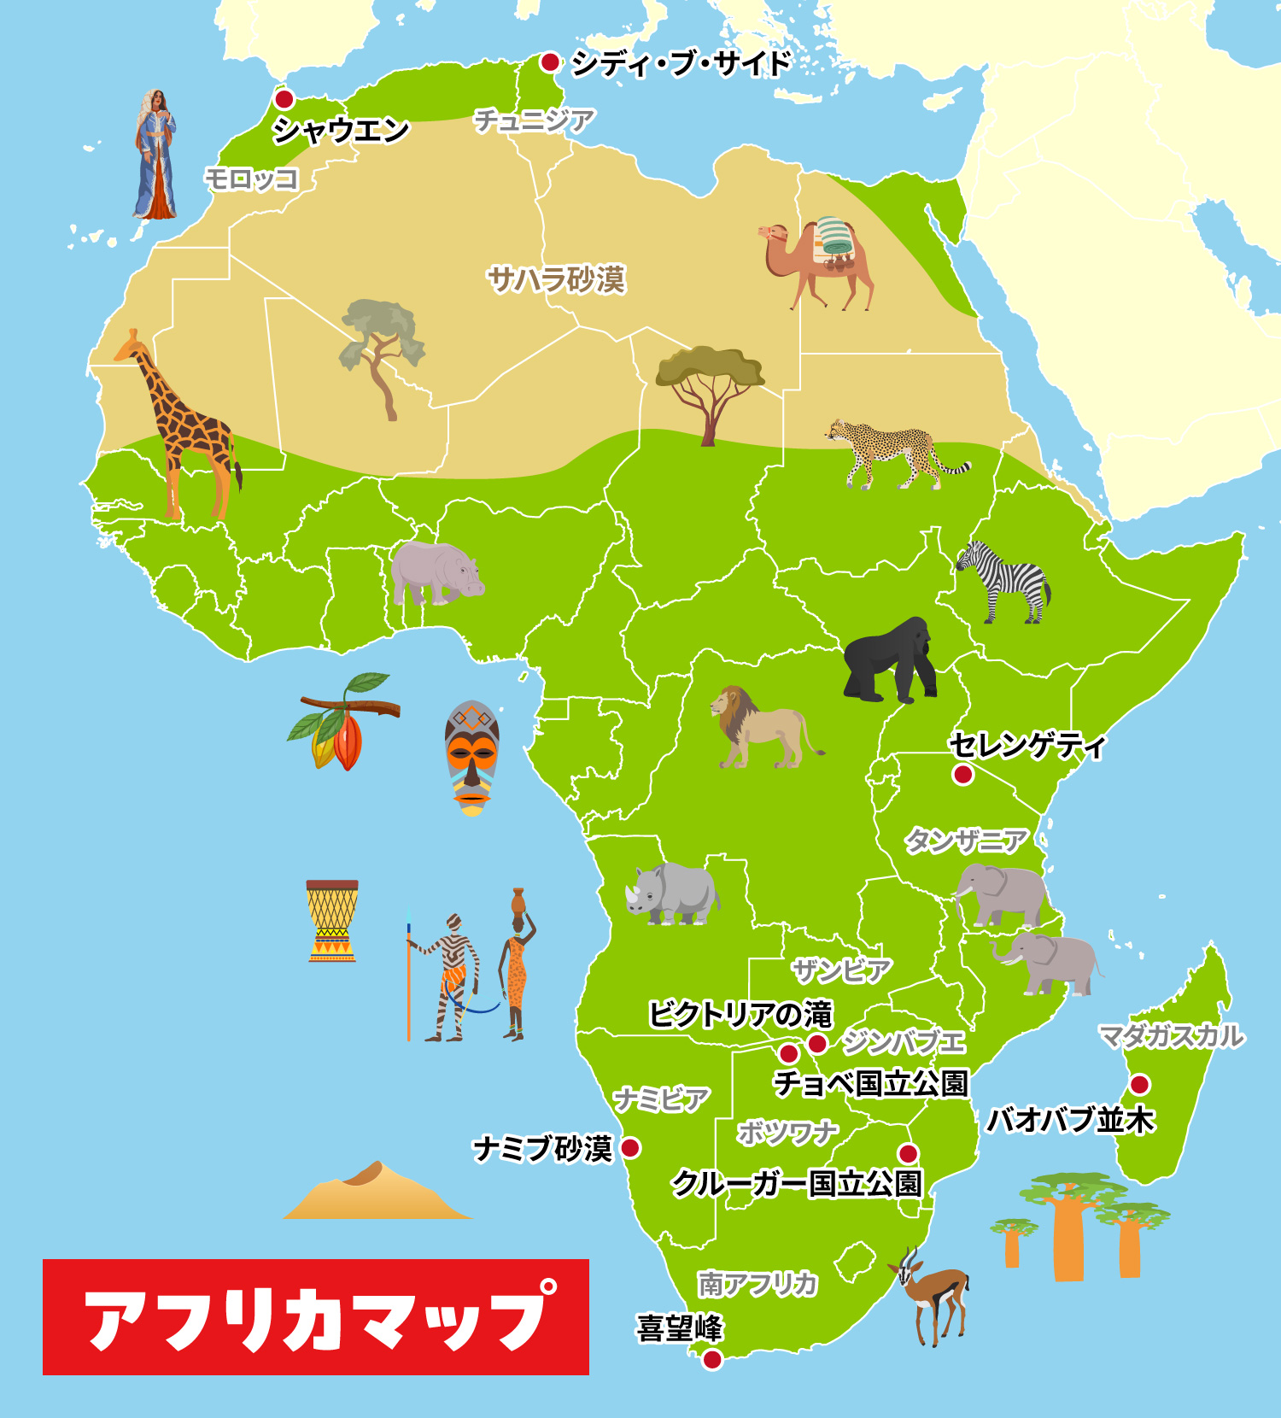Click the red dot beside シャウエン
tap(284, 98)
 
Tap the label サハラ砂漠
tap(556, 279)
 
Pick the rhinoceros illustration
tap(673, 894)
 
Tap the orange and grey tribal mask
tap(471, 756)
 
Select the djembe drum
tap(332, 921)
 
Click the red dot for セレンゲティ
tap(963, 775)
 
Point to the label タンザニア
tap(966, 841)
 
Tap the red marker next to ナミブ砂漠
tap(630, 1148)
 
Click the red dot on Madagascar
tap(1139, 1085)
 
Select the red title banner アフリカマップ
tap(316, 1317)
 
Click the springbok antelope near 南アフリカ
tap(933, 1294)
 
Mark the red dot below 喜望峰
tap(711, 1360)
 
